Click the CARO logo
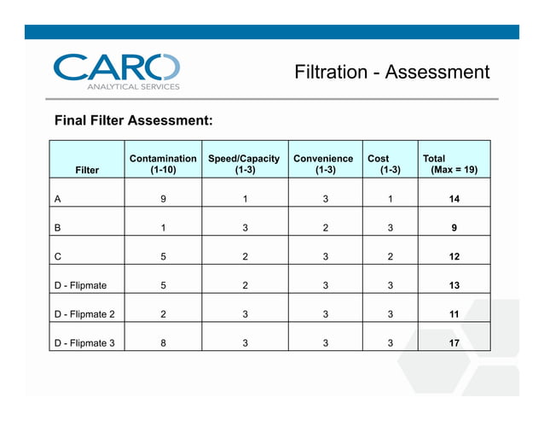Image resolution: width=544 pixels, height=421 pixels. tap(117, 67)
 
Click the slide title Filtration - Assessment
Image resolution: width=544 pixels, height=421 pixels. tap(391, 71)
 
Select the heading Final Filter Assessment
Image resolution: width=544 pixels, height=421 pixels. tap(133, 120)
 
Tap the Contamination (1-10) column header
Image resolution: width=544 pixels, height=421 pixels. tap(163, 164)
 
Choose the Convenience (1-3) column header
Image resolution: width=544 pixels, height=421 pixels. tap(323, 164)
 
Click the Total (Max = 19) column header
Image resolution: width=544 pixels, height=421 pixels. tap(450, 164)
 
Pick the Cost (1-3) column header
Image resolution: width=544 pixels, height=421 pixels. tap(383, 164)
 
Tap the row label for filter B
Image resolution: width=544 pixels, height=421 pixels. tap(57, 228)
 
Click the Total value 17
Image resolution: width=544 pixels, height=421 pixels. tap(454, 344)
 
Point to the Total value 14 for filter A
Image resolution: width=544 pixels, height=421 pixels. tap(454, 199)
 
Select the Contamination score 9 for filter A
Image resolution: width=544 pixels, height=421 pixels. tap(163, 199)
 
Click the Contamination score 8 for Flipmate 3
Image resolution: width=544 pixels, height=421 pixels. tap(163, 344)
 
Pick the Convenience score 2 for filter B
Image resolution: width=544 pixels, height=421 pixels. tap(324, 228)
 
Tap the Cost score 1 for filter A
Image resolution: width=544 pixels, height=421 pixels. tap(390, 199)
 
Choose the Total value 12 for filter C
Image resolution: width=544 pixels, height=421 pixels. tap(454, 257)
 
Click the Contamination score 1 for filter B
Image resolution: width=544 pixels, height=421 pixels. tap(163, 228)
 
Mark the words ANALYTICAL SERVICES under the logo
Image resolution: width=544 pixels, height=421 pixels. tap(133, 86)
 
